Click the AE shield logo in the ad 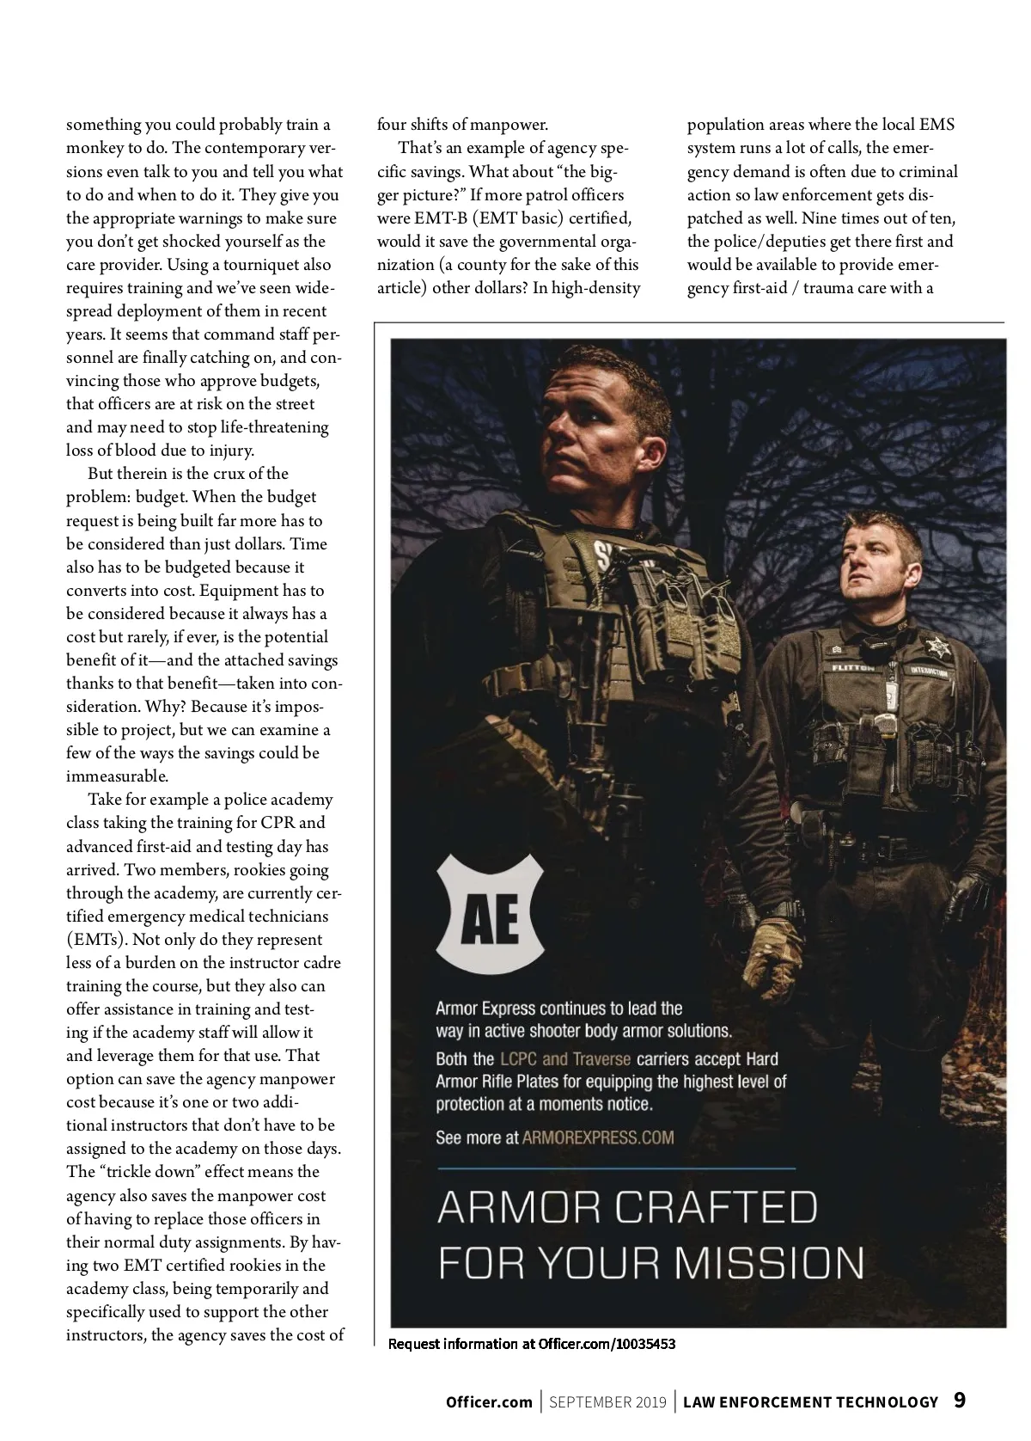coord(491,918)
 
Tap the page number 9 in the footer coord(960,1401)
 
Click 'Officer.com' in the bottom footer coord(489,1402)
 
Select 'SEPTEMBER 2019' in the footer coord(607,1402)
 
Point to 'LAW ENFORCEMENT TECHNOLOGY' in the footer coord(810,1402)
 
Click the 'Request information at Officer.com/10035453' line coord(532,1344)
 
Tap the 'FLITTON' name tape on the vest coord(851,666)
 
